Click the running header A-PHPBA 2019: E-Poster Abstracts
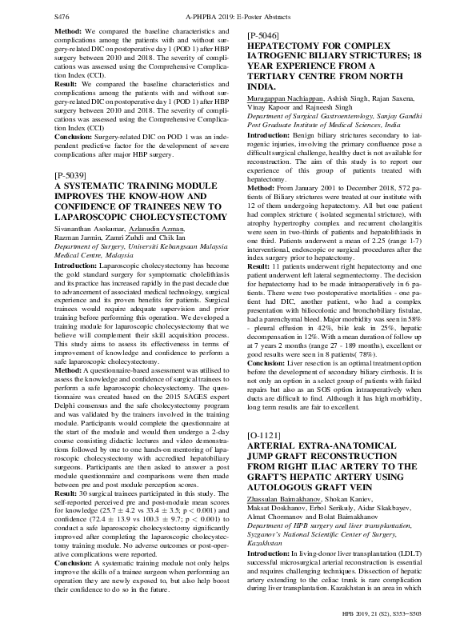click(x=238, y=15)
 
